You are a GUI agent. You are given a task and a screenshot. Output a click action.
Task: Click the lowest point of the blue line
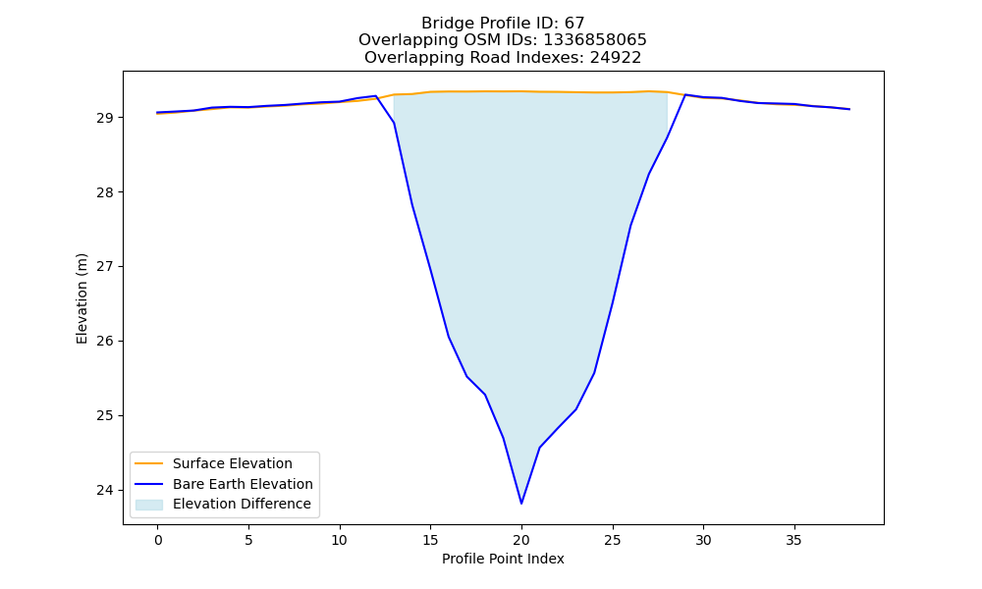pos(521,504)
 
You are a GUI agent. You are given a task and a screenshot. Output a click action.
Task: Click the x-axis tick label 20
pos(521,540)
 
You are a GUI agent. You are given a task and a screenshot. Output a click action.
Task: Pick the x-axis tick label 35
pos(793,540)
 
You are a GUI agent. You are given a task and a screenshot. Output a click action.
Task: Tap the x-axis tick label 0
pos(158,540)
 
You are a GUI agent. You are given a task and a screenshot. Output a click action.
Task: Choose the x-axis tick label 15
pos(430,540)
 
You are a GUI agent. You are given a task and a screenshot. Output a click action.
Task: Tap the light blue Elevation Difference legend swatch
pos(149,505)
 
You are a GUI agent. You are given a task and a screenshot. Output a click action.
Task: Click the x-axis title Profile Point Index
pos(503,559)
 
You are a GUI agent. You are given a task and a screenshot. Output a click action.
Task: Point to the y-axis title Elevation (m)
pos(82,298)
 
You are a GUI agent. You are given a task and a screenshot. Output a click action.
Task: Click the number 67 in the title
pos(574,24)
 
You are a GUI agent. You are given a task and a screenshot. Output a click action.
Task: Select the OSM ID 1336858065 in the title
pos(595,40)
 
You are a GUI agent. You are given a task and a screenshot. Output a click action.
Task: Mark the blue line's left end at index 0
pos(158,113)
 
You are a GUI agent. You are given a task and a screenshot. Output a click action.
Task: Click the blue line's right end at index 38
pos(849,109)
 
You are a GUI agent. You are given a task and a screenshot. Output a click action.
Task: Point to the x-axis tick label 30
pos(703,540)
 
